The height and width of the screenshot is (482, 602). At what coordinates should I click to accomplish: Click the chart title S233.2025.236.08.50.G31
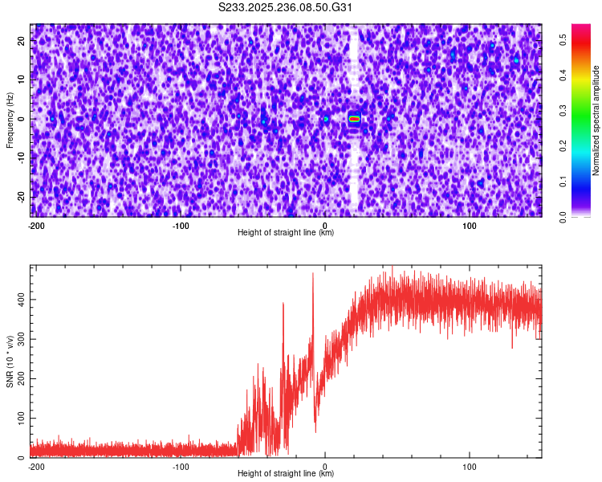click(287, 8)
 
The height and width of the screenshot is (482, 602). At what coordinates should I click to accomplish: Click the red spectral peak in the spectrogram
click(354, 118)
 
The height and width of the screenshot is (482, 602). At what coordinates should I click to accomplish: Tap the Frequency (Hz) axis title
click(10, 120)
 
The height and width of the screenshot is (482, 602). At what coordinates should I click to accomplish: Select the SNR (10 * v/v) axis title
click(10, 361)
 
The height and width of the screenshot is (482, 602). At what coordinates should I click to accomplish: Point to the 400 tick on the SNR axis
click(19, 299)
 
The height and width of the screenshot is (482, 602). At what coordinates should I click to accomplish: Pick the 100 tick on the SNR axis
click(19, 419)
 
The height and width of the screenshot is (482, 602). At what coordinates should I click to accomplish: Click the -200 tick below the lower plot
click(35, 466)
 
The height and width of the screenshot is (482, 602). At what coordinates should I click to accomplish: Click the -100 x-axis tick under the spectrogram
click(181, 225)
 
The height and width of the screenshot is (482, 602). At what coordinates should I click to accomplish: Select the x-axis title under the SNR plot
click(286, 474)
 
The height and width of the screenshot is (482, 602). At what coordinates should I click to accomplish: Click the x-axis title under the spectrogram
click(286, 233)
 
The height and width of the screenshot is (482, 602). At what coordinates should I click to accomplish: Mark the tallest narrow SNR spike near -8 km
click(313, 276)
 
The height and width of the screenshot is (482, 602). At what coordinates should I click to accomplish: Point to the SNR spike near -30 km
click(283, 304)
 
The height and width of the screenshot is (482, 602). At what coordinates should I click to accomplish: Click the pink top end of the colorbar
click(580, 29)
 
